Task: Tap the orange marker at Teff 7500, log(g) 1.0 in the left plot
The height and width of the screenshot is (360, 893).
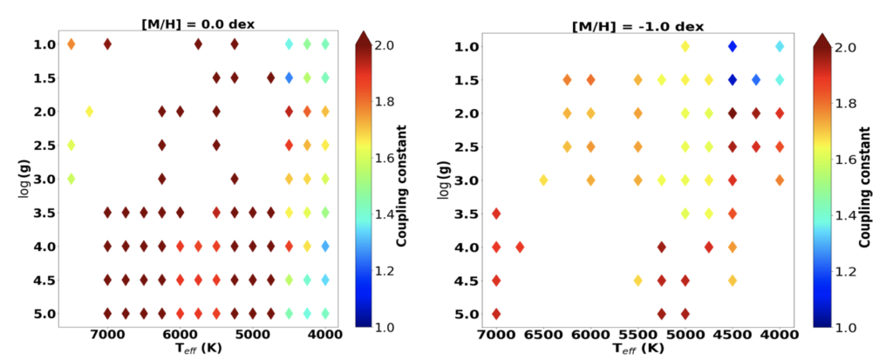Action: point(72,44)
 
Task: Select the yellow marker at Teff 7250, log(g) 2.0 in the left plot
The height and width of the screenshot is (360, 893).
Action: point(89,112)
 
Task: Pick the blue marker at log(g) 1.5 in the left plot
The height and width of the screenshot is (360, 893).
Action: point(289,78)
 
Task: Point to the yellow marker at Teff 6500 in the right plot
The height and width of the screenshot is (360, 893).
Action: point(543,180)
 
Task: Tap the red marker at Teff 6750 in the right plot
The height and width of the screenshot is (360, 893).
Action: point(520,247)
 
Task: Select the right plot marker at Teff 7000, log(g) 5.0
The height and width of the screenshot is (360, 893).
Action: point(496,314)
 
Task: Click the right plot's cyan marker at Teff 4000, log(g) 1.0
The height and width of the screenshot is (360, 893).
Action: point(780,46)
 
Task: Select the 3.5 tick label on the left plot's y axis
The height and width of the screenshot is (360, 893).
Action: point(45,213)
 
